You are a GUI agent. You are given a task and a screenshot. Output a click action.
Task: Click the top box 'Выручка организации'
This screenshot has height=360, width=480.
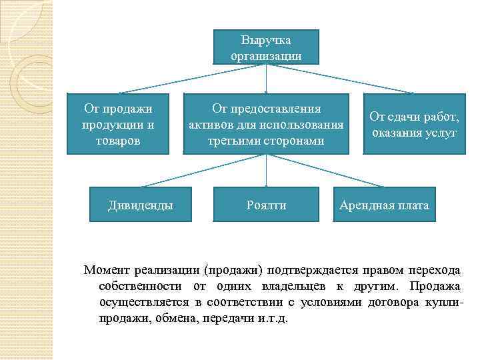tap(266, 47)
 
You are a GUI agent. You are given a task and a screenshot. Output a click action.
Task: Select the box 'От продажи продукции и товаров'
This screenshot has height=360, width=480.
tap(117, 124)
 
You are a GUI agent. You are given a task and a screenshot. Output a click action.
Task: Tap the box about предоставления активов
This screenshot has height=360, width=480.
tap(266, 124)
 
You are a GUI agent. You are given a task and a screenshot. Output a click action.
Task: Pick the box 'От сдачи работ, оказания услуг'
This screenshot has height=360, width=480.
tap(414, 125)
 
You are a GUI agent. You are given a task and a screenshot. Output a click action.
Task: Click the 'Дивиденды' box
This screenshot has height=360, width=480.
tap(141, 205)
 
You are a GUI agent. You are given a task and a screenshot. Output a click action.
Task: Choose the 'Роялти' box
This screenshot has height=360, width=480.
tap(266, 205)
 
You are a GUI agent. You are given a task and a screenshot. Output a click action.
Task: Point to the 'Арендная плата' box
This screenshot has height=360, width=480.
tap(384, 205)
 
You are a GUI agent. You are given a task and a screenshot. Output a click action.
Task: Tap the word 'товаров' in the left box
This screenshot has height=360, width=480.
tap(117, 141)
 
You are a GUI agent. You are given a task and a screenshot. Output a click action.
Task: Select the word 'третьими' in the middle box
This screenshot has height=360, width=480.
tap(241, 141)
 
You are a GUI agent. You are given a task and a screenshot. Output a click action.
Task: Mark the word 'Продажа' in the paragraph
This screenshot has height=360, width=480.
tap(435, 286)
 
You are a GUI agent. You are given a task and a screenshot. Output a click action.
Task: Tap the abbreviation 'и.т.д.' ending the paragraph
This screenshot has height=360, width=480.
tap(271, 318)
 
